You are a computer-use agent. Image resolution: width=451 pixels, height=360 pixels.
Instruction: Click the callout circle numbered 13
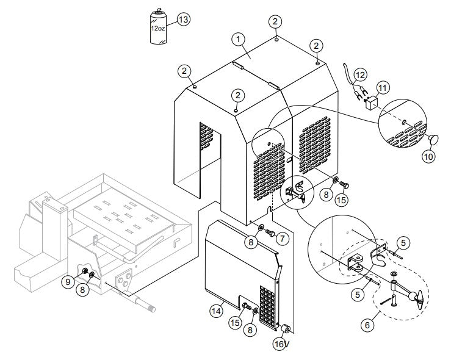click(182, 19)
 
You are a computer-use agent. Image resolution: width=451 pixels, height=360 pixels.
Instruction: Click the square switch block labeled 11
click(370, 104)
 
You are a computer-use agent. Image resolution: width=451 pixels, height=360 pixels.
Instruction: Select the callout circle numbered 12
click(360, 74)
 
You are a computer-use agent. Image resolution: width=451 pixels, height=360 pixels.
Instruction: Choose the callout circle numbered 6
click(367, 326)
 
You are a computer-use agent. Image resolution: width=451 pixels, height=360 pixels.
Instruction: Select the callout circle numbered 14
click(215, 311)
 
